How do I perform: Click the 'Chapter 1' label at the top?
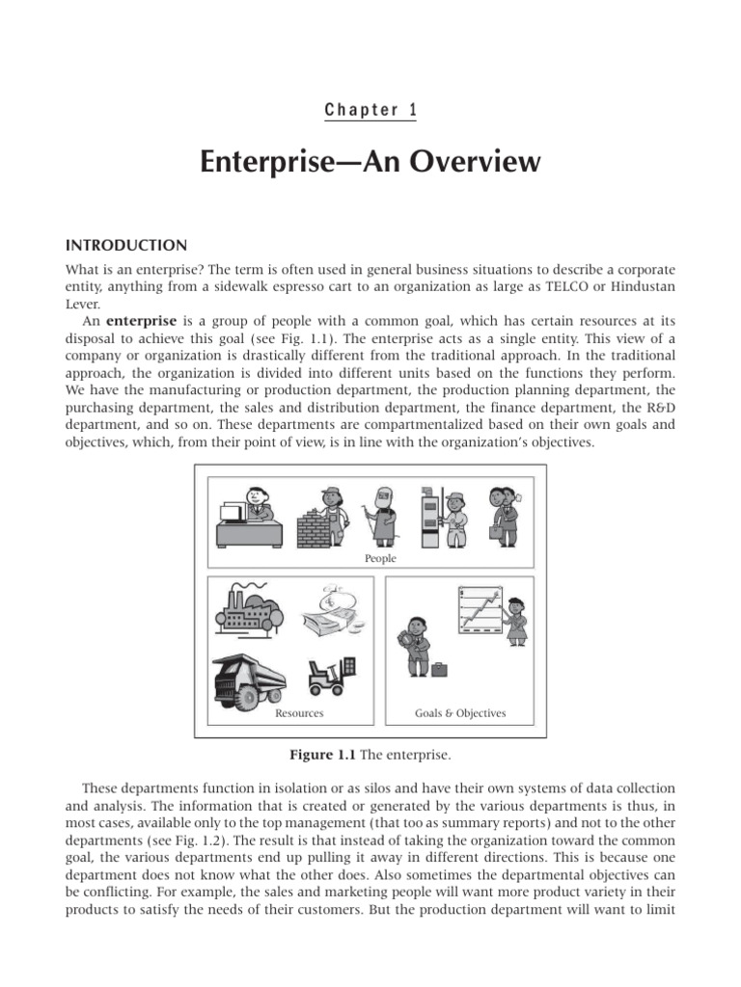(x=370, y=110)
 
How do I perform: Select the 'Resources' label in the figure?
(x=299, y=713)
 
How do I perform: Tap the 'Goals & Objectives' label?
(x=460, y=713)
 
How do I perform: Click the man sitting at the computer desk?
(x=246, y=516)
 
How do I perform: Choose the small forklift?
(x=332, y=676)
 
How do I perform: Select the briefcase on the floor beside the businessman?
(x=440, y=668)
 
